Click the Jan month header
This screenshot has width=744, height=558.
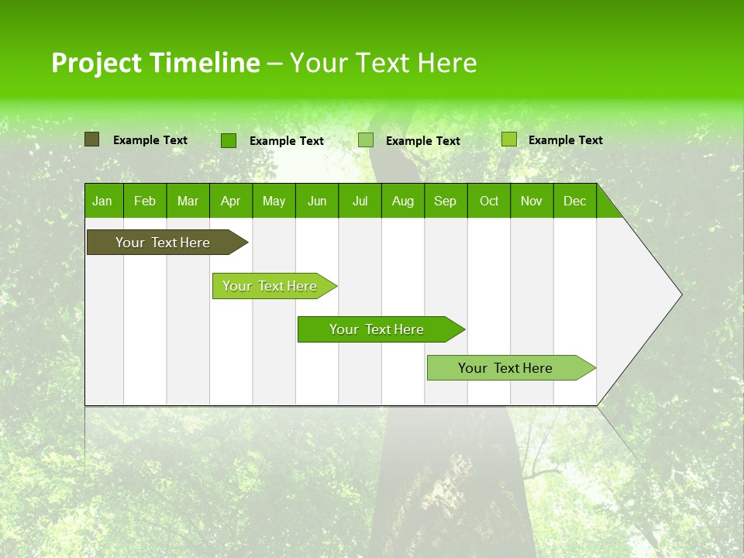point(103,201)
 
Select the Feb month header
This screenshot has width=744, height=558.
point(145,201)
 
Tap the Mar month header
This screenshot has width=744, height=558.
point(188,201)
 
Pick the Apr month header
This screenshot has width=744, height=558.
point(231,201)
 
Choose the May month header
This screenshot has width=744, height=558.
point(274,201)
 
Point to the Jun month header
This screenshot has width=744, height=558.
point(317,201)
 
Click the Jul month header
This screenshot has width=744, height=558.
point(360,201)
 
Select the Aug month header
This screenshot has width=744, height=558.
point(403,201)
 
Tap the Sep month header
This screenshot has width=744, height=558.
point(446,201)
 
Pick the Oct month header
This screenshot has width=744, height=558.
point(489,201)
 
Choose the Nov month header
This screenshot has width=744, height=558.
point(532,201)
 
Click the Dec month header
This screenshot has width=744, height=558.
point(575,201)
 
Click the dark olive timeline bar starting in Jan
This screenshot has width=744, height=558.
point(163,243)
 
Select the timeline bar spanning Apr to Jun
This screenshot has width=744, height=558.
point(270,286)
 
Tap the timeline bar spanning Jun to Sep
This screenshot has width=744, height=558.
point(377,329)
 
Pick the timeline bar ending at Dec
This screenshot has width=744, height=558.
point(505,368)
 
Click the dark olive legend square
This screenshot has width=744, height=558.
point(91,139)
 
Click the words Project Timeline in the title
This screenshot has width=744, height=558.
point(155,63)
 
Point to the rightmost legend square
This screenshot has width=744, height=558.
point(508,139)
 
